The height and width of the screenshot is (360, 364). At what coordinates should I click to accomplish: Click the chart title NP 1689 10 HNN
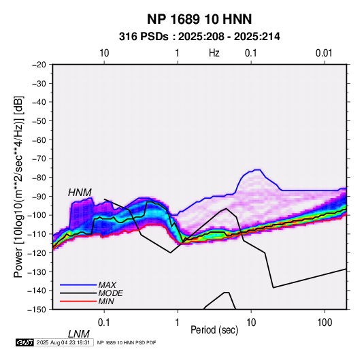point(199,19)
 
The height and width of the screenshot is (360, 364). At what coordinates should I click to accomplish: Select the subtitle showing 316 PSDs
point(199,37)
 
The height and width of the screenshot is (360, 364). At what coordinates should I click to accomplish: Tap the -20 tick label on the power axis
point(39,65)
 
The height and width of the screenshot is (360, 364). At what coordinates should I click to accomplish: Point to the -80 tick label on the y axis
point(39,178)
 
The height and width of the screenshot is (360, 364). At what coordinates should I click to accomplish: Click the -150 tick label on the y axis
point(37,310)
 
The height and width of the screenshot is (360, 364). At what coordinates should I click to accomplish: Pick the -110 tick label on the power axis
point(37,234)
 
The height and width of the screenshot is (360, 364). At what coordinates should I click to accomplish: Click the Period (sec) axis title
point(214,330)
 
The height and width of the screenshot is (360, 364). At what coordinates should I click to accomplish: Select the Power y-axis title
point(18,186)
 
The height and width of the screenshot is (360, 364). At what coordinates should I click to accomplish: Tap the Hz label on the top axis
point(214,53)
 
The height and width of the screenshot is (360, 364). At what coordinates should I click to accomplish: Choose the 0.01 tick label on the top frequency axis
point(324,53)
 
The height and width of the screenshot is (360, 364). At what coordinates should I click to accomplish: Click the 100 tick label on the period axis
point(325,323)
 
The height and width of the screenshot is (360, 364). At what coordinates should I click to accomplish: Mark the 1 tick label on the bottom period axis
point(178,323)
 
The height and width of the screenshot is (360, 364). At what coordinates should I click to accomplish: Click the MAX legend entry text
point(107,285)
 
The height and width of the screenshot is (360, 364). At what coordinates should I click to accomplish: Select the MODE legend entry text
point(110,293)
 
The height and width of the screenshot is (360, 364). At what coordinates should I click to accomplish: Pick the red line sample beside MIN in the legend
point(78,301)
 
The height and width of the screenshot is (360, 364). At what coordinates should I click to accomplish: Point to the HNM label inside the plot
point(80,193)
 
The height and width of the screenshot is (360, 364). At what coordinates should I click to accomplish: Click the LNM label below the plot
point(79,334)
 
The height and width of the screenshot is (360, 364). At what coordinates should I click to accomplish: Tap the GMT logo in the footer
point(24,342)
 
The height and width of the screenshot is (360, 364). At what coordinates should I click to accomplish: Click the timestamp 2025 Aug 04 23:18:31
point(63,342)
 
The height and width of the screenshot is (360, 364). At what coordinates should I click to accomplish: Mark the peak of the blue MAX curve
point(258,169)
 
